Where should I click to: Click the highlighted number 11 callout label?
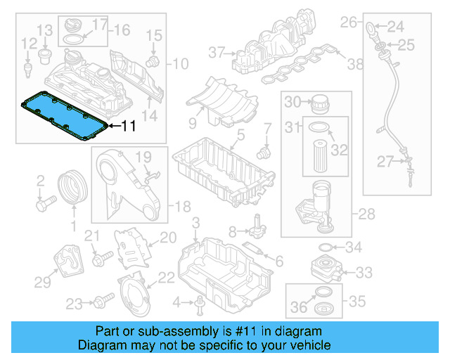pyautogui.click(x=128, y=127)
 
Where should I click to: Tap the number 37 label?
pyautogui.click(x=216, y=51)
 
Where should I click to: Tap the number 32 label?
pyautogui.click(x=340, y=150)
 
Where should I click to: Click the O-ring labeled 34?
pyautogui.click(x=326, y=247)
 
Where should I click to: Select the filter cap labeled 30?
pyautogui.click(x=319, y=102)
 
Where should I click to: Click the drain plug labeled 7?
pyautogui.click(x=264, y=150)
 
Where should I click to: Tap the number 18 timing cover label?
pyautogui.click(x=182, y=206)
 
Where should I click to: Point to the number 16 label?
pyautogui.click(x=122, y=30)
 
